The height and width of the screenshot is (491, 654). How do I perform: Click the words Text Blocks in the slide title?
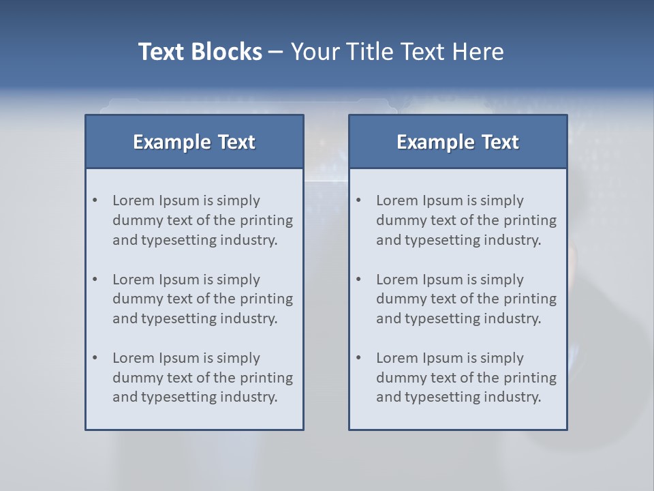(x=200, y=52)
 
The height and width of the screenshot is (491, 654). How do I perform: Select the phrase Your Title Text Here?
(x=397, y=52)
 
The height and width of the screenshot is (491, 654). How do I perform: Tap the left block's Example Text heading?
(x=194, y=142)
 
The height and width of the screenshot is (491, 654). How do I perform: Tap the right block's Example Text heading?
(x=458, y=142)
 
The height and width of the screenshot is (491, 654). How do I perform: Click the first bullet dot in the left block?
(x=95, y=200)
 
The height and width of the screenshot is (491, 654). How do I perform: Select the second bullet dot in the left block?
(x=95, y=280)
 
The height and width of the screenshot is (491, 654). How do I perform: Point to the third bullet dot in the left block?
(x=95, y=358)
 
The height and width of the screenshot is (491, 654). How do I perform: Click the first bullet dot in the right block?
(x=359, y=200)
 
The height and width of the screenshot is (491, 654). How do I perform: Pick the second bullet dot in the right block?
(x=359, y=280)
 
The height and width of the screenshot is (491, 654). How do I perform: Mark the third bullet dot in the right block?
(x=359, y=358)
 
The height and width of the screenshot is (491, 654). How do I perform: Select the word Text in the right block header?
(x=501, y=142)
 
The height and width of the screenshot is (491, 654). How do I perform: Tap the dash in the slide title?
(x=276, y=53)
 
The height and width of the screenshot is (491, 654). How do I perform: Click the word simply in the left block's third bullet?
(x=238, y=358)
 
